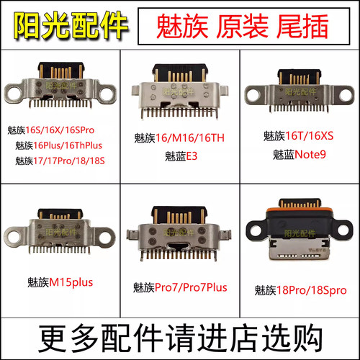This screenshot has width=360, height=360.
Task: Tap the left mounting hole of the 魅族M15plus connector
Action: click(14, 234)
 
